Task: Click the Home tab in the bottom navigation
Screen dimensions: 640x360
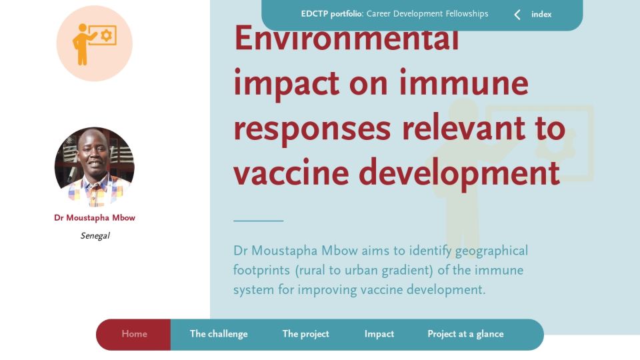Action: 134,334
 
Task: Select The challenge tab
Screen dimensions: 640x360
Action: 219,334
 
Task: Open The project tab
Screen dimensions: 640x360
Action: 306,334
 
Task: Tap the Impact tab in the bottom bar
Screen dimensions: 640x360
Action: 379,334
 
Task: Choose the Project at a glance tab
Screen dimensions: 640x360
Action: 466,334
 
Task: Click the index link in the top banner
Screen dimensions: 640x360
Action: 541,14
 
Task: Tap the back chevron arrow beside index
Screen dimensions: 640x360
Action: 517,15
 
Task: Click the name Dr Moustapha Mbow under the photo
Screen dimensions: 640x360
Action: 95,217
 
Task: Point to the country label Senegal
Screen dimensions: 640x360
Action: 95,235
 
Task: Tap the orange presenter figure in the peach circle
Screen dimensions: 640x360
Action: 83,44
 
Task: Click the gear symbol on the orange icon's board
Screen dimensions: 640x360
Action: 106,35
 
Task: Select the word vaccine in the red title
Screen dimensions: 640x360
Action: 291,173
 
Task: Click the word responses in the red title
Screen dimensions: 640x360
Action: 312,128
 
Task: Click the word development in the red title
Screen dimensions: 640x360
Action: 459,173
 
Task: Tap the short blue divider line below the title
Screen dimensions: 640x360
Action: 259,221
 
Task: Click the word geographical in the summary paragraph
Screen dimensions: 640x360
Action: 491,251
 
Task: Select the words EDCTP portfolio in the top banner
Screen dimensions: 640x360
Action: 332,14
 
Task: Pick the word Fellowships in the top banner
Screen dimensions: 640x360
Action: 467,13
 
